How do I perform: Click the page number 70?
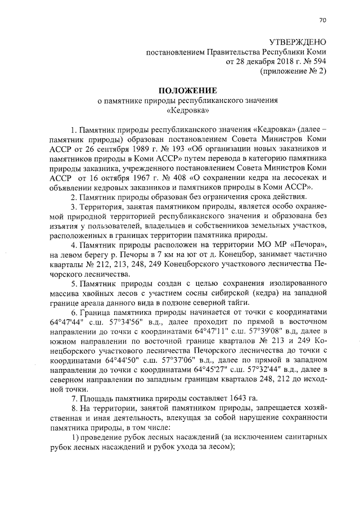click(x=322, y=20)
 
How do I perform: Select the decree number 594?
click(x=317, y=62)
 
